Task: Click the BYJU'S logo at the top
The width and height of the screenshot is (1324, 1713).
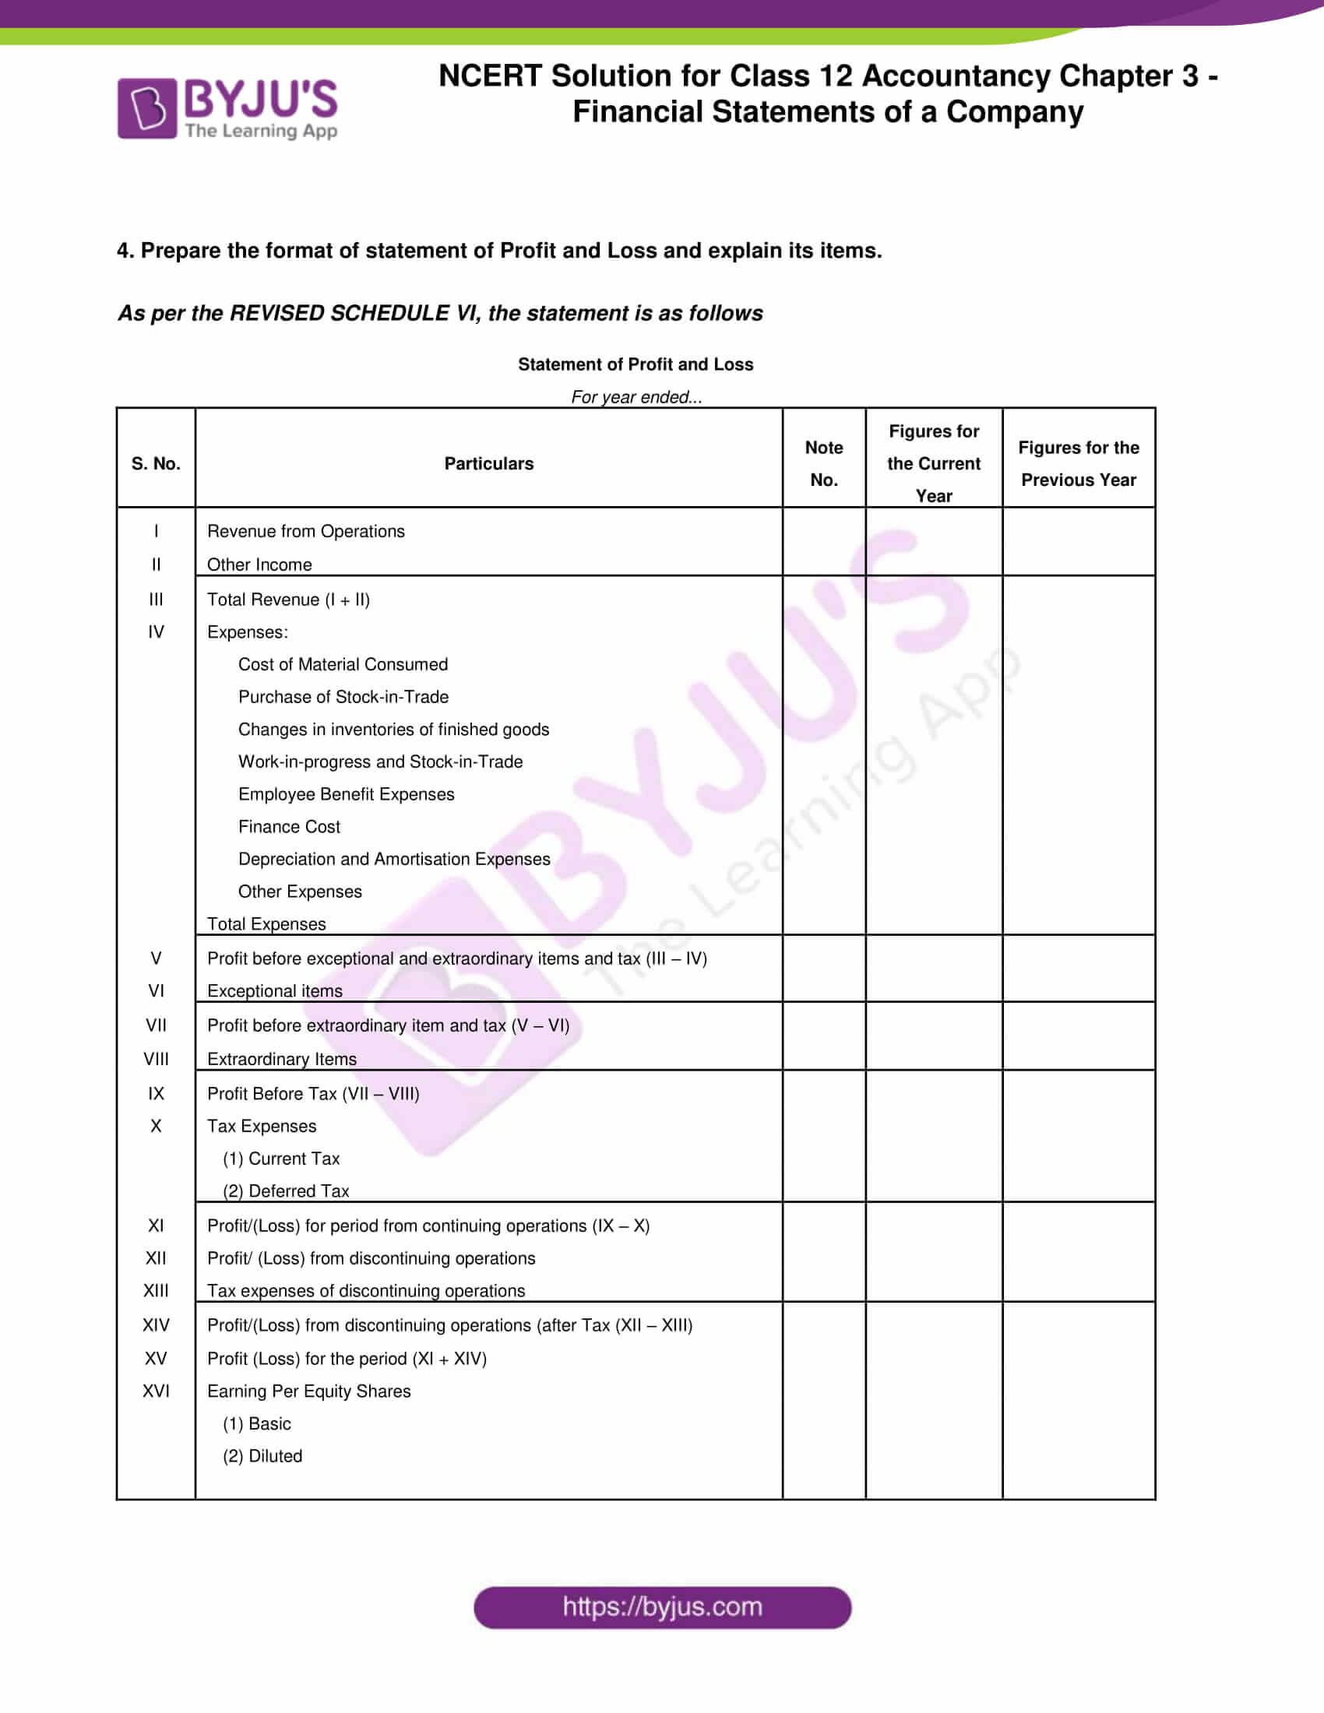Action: click(x=227, y=108)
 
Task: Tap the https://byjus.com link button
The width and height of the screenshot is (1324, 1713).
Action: click(x=662, y=1606)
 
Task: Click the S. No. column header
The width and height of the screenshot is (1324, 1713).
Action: click(x=155, y=463)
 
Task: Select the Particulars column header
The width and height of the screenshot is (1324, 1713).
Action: click(x=488, y=463)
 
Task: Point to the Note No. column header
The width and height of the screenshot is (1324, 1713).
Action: click(x=823, y=463)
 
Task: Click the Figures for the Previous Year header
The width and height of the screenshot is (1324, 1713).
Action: click(x=1079, y=463)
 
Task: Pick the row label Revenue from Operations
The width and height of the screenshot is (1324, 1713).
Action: click(x=306, y=531)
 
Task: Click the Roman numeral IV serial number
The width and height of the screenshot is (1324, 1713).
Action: click(x=155, y=631)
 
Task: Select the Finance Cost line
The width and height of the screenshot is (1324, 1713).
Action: click(x=289, y=827)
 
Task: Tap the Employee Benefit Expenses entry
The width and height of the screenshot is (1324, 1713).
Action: click(x=346, y=793)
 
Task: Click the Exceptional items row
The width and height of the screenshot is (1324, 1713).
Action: click(x=274, y=990)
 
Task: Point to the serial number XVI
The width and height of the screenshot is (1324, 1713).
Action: click(x=155, y=1391)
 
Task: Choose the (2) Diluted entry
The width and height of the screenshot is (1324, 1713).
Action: click(x=262, y=1456)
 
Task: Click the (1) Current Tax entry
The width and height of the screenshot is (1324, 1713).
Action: click(x=281, y=1159)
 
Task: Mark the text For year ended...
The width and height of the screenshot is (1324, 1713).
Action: click(x=636, y=397)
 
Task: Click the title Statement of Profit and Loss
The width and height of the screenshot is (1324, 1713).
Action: click(x=636, y=364)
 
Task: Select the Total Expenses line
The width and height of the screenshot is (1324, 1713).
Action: click(x=266, y=924)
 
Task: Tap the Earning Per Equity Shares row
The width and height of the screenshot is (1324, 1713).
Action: click(x=308, y=1391)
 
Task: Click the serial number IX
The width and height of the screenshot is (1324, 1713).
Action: click(x=155, y=1093)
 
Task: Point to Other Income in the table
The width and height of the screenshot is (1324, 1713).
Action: click(x=259, y=565)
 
